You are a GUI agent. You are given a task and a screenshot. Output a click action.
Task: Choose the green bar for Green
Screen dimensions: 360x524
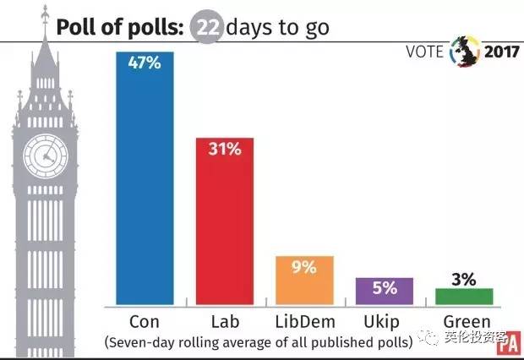[463, 297]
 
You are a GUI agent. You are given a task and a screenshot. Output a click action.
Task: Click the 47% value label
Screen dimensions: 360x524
[145, 63]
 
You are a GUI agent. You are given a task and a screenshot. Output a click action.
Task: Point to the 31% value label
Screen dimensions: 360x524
[225, 150]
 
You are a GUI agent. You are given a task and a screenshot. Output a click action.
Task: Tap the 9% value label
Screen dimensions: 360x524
[304, 268]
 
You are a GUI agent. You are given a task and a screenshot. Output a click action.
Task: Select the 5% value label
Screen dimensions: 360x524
[384, 288]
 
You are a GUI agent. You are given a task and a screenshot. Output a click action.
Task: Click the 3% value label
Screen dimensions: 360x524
[463, 278]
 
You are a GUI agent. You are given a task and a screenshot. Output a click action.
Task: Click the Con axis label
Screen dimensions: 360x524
[145, 321]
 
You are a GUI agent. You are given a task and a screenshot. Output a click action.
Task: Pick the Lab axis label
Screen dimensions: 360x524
[225, 321]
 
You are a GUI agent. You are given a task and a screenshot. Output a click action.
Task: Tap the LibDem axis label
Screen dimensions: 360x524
[304, 321]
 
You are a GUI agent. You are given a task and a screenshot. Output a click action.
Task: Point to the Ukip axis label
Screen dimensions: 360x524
[384, 321]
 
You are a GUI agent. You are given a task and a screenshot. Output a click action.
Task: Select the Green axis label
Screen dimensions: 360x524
[463, 321]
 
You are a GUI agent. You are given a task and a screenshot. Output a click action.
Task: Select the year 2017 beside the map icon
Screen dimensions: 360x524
[500, 51]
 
